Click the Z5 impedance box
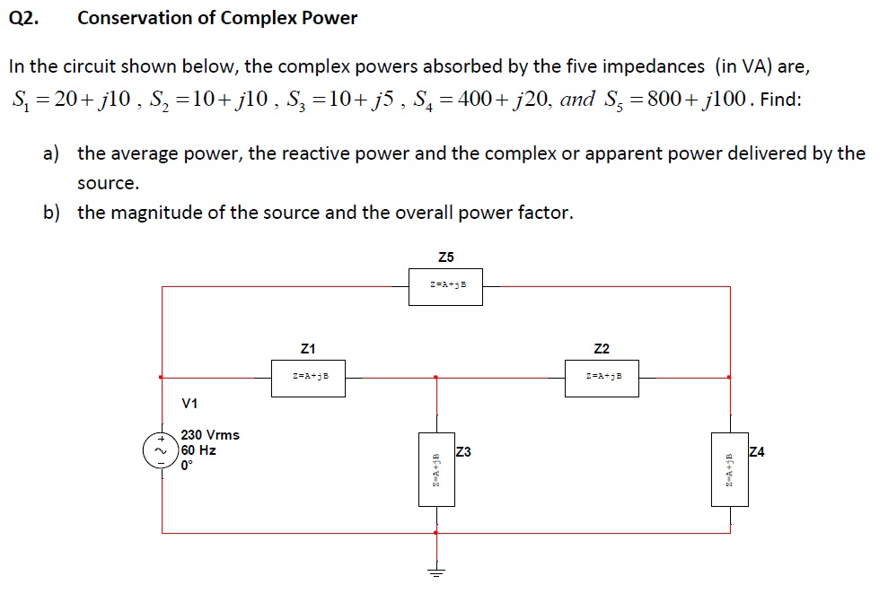(445, 286)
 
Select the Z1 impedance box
(307, 378)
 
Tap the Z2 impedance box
(602, 378)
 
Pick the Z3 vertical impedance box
(436, 469)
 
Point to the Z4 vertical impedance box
(729, 469)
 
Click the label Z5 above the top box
(446, 257)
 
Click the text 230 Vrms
(210, 435)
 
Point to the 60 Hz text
(198, 450)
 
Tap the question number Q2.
(24, 18)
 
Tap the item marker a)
(51, 153)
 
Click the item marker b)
(51, 213)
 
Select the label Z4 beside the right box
(756, 451)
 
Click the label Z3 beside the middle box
(463, 451)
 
